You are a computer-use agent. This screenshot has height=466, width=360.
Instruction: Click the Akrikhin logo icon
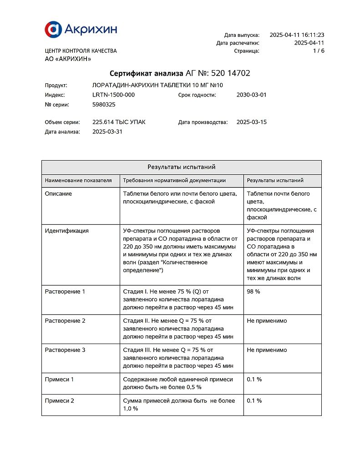53,29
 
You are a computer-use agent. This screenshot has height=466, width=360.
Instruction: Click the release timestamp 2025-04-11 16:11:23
297,35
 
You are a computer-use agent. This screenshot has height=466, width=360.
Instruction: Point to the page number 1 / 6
319,51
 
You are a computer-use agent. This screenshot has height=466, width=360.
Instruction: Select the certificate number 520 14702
231,73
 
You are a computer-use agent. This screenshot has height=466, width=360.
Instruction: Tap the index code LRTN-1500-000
113,95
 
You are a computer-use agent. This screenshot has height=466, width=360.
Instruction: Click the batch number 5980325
104,105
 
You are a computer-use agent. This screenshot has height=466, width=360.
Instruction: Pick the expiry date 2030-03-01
251,95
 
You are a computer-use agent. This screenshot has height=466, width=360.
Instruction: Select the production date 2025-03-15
251,122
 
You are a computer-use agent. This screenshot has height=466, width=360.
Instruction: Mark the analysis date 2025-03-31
107,132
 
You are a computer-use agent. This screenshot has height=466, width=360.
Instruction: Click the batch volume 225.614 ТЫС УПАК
119,122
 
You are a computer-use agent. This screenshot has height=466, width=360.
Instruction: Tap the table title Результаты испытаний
181,167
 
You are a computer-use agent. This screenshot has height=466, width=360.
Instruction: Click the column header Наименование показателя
78,181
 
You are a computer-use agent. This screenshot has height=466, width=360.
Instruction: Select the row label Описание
58,194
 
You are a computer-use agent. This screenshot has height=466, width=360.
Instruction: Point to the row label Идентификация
66,231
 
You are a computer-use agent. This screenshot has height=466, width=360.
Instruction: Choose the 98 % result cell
254,292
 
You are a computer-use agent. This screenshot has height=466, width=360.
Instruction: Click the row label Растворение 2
65,321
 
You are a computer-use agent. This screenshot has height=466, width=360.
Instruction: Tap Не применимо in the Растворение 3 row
267,350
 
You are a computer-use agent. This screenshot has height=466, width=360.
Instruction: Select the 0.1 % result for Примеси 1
254,379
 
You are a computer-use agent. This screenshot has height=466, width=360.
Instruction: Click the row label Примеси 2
60,401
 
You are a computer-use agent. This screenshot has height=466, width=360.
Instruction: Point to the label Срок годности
197,95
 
